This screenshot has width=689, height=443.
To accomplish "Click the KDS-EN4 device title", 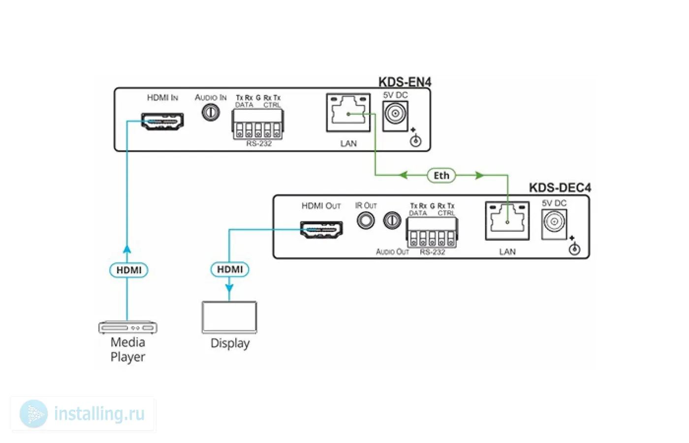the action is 405,82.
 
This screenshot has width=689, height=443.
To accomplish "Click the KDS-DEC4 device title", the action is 560,188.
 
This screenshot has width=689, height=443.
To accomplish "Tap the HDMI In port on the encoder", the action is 162,121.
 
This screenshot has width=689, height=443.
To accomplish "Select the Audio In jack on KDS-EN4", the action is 211,112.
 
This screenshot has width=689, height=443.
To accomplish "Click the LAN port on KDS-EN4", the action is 348,113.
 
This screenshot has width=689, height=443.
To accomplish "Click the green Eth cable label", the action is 441,176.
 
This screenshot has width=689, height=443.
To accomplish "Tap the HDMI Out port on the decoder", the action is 321,229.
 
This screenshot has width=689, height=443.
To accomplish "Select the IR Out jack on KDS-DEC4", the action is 366,221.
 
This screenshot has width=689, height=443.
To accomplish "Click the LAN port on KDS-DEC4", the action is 507,221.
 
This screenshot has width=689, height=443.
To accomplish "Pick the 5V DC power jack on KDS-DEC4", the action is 554,224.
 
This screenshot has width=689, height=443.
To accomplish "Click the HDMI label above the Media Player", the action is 129,270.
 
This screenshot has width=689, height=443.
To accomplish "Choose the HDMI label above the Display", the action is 230,270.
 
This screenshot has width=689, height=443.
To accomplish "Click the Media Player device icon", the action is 127,327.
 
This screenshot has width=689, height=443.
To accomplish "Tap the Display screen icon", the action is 229,317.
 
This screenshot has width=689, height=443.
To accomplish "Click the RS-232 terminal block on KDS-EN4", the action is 258,124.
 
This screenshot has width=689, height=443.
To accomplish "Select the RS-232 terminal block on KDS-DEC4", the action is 432,232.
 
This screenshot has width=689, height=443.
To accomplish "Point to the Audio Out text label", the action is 393,252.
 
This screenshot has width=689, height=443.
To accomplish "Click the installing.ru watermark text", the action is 99,414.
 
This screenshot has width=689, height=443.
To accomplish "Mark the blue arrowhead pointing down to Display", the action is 229,287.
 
